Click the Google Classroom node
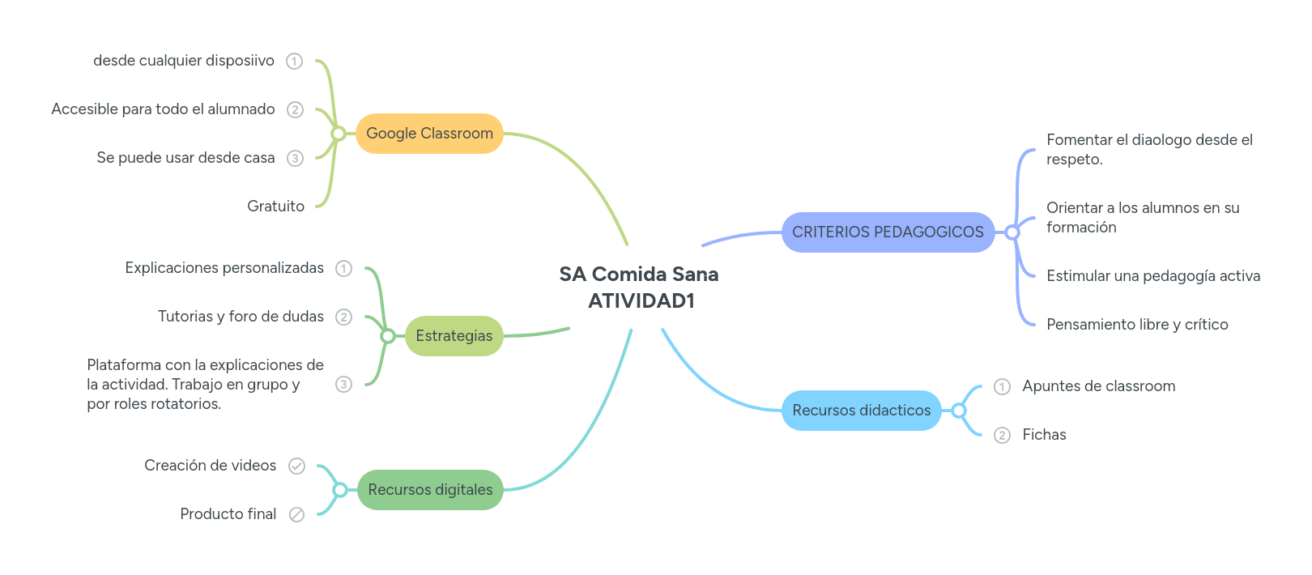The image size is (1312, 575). pyautogui.click(x=429, y=134)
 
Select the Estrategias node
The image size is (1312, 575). pyautogui.click(x=454, y=336)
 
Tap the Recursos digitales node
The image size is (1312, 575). pyautogui.click(x=430, y=490)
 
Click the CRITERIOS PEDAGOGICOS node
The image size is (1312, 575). pyautogui.click(x=888, y=232)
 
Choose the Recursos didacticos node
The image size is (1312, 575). pyautogui.click(x=861, y=411)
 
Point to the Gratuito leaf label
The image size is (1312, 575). pyautogui.click(x=275, y=207)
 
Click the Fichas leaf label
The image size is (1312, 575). pyautogui.click(x=1044, y=435)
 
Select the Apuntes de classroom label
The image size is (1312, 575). pyautogui.click(x=1098, y=386)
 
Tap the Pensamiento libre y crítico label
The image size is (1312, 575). pyautogui.click(x=1137, y=325)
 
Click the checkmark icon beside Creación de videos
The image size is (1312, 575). pyautogui.click(x=297, y=466)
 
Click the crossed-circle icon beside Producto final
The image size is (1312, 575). pyautogui.click(x=297, y=514)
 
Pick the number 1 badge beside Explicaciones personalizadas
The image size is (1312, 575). pyautogui.click(x=344, y=268)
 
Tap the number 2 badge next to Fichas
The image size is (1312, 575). pyautogui.click(x=1003, y=436)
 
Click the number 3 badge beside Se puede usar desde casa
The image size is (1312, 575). pyautogui.click(x=296, y=159)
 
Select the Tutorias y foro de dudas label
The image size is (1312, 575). pyautogui.click(x=241, y=317)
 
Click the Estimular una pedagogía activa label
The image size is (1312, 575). pyautogui.click(x=1153, y=276)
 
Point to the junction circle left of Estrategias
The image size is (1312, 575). pyautogui.click(x=388, y=336)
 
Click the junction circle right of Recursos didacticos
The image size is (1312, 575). pyautogui.click(x=959, y=411)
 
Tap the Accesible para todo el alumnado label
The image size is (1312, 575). pyautogui.click(x=163, y=109)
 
